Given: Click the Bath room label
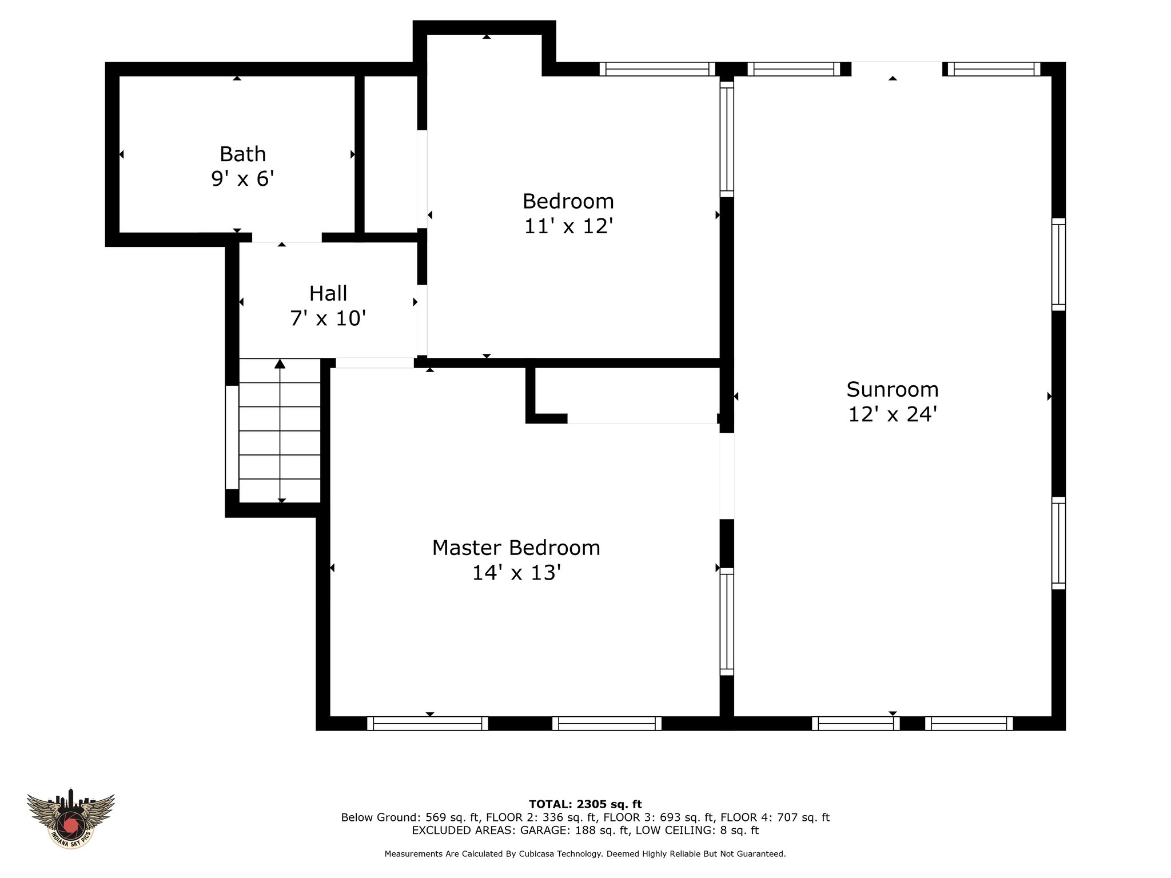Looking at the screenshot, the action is click(242, 154).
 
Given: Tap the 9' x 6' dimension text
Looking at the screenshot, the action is click(242, 179).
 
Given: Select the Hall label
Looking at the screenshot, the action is click(328, 293).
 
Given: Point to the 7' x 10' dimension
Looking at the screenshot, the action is click(328, 318).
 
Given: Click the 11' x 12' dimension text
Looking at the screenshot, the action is click(568, 226).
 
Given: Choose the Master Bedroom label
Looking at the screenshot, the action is click(516, 548).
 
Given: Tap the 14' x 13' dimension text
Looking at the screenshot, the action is click(516, 573).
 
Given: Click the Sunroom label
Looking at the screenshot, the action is click(893, 389).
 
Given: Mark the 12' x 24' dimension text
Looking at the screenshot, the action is click(893, 414).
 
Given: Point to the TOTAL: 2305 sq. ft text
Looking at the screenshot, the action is click(585, 804).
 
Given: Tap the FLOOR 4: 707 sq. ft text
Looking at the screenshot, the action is click(775, 817).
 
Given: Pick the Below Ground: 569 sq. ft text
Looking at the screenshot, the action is click(409, 817).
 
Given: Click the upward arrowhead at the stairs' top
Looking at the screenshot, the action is click(280, 364).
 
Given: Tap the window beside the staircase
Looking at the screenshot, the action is click(232, 437).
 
